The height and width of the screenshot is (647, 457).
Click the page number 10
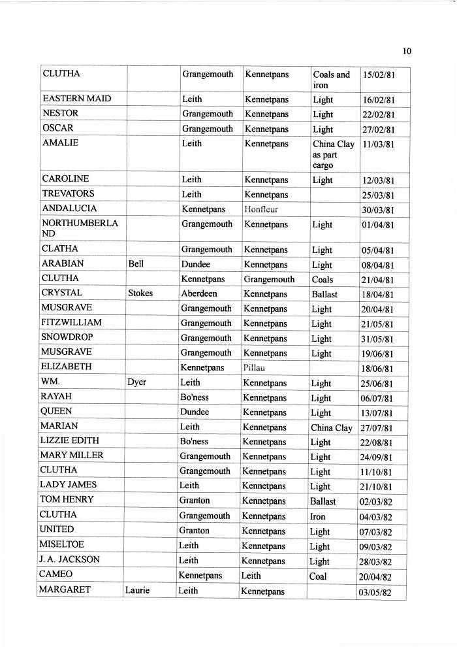pyautogui.click(x=407, y=52)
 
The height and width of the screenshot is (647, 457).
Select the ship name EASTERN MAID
pyautogui.click(x=76, y=99)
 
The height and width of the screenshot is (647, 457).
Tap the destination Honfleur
pyautogui.click(x=260, y=209)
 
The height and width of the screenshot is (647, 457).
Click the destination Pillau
pyautogui.click(x=254, y=367)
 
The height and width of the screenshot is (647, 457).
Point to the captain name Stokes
pyautogui.click(x=140, y=293)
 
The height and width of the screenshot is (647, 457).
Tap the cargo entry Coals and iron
pyautogui.click(x=331, y=80)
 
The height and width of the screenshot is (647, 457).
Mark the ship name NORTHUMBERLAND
pyautogui.click(x=80, y=228)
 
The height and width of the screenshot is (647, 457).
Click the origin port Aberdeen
pyautogui.click(x=199, y=293)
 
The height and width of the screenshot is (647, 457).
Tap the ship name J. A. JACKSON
pyautogui.click(x=71, y=559)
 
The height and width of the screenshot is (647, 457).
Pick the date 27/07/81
pyautogui.click(x=377, y=428)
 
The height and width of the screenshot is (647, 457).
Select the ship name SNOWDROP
pyautogui.click(x=67, y=337)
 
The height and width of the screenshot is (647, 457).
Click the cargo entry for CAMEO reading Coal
pyautogui.click(x=318, y=576)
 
